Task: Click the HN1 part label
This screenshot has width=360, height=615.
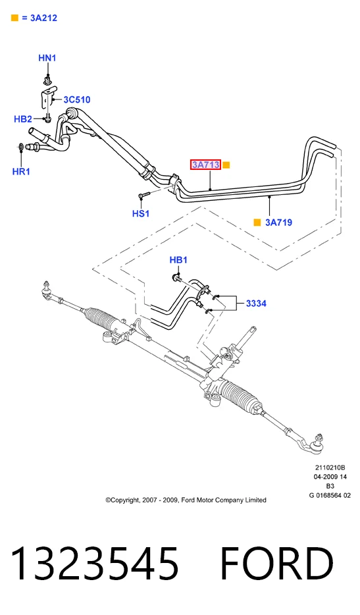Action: (47, 58)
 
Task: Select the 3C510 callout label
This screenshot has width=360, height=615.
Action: (77, 99)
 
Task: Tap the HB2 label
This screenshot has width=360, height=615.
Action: (23, 119)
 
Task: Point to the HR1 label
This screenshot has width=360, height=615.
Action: (21, 171)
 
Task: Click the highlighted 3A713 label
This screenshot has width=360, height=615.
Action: (206, 165)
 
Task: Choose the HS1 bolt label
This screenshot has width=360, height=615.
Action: (141, 214)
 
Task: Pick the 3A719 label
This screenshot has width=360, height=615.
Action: (278, 223)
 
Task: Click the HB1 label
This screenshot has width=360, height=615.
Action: (178, 260)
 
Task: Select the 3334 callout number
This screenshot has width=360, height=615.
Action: (256, 303)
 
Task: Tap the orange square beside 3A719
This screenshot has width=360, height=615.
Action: (257, 223)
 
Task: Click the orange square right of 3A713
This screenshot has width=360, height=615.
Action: (226, 165)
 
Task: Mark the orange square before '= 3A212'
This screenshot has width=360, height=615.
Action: (14, 18)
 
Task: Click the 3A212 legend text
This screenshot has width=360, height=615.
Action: (43, 18)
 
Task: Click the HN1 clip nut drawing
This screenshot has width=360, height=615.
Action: (48, 81)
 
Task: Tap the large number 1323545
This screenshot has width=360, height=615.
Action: (94, 564)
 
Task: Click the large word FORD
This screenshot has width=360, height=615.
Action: (277, 564)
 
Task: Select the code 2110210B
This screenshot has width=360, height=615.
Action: (330, 468)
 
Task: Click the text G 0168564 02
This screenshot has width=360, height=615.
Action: (330, 495)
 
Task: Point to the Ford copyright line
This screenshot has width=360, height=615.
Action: (186, 500)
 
